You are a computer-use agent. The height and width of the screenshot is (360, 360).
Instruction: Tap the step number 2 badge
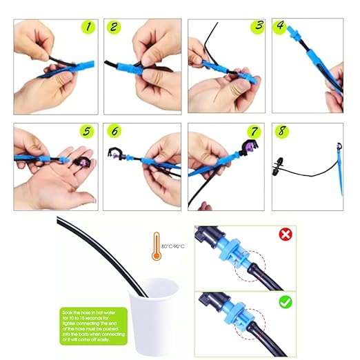114,28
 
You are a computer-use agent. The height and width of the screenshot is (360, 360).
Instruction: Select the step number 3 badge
258,27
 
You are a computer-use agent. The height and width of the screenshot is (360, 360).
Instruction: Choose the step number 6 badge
114,131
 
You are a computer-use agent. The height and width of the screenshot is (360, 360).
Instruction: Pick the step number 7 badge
255,131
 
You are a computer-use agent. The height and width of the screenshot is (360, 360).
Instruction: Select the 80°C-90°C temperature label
174,245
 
